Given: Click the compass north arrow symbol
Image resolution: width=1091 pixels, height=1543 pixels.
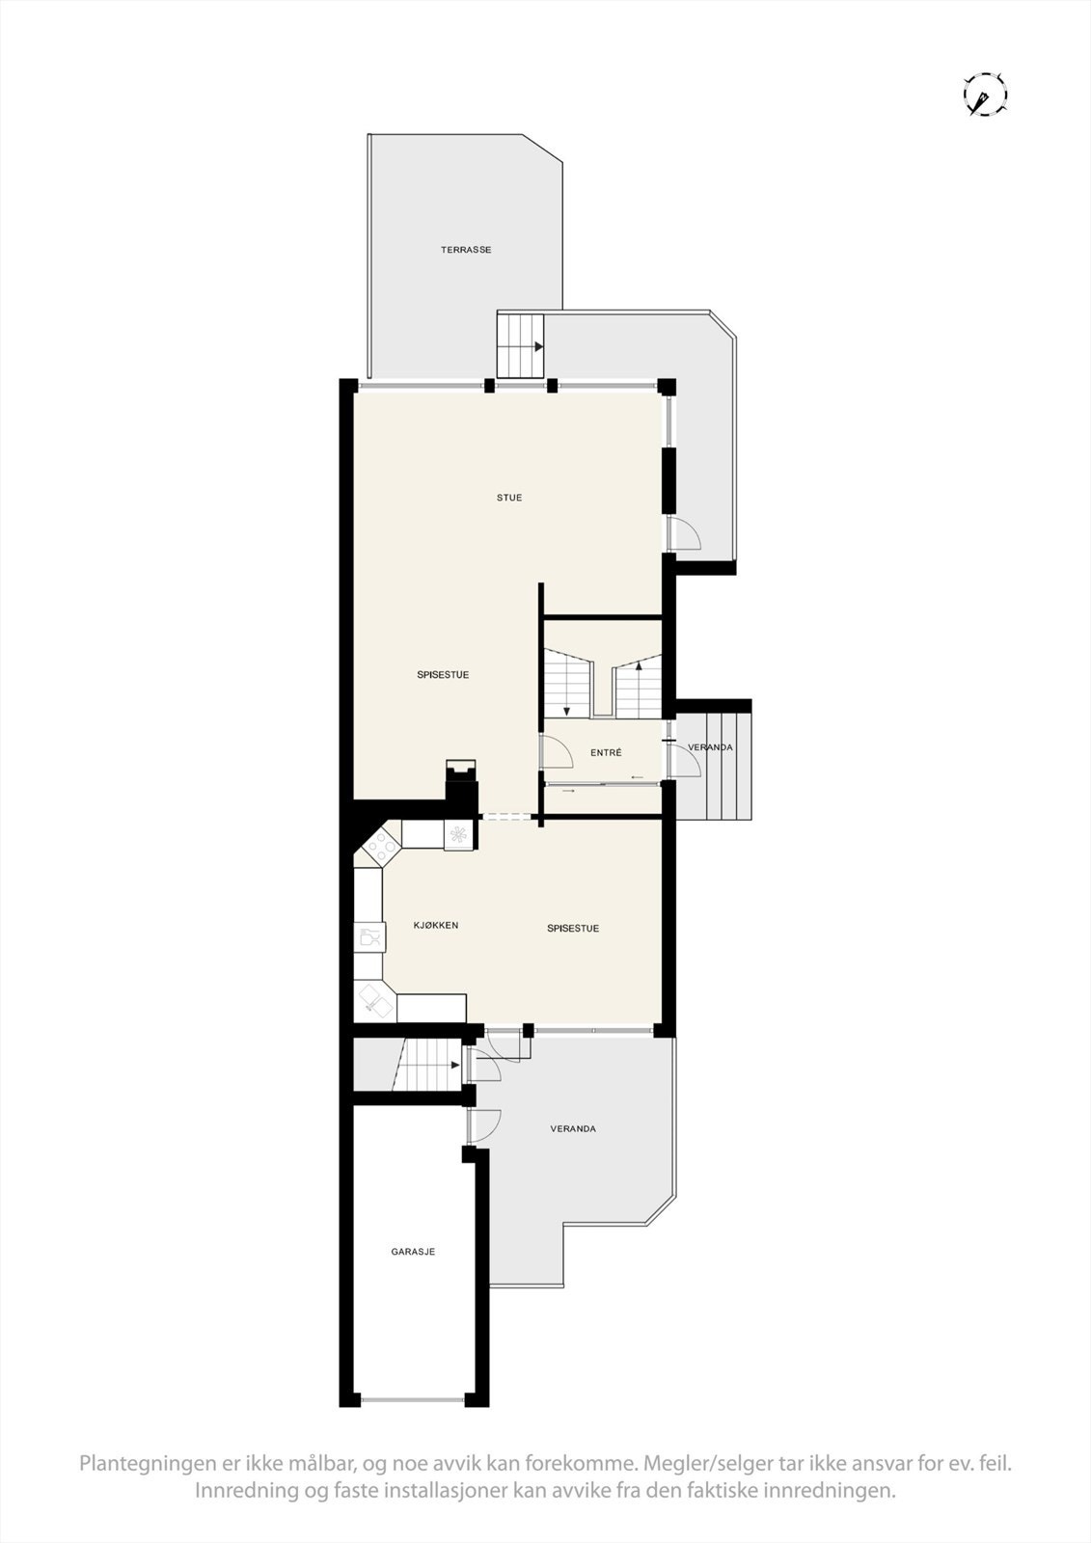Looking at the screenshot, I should tap(985, 95).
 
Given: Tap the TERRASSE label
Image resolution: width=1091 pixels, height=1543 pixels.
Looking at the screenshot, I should tap(466, 250).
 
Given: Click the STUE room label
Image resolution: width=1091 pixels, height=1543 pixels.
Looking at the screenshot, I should tap(509, 498).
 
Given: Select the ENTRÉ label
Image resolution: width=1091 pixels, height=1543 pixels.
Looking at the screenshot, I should tap(606, 752).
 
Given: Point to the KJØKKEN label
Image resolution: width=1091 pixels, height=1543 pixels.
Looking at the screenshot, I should tap(436, 925).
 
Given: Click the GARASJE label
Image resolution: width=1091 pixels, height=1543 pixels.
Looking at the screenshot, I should tap(413, 1251).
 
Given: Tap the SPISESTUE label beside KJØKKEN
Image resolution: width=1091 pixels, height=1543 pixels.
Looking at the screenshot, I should tap(573, 928).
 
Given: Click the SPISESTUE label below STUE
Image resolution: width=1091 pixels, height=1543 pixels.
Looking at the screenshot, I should tap(443, 674).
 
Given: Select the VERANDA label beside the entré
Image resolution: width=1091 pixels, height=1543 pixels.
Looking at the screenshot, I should tap(710, 747).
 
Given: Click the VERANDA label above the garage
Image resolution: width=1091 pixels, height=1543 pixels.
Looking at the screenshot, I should tap(573, 1128).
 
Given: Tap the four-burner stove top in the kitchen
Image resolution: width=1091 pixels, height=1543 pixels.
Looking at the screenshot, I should tap(381, 845).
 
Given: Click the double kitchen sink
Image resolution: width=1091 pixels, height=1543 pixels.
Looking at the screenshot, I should tap(374, 1001).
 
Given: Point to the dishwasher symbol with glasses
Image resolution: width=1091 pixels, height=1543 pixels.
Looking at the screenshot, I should tap(368, 935).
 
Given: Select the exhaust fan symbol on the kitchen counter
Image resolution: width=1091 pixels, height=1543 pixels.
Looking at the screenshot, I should tap(458, 834).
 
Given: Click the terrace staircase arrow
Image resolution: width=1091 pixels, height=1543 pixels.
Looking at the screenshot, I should tap(537, 346).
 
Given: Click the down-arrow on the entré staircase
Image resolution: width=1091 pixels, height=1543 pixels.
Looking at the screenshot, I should tap(566, 711).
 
